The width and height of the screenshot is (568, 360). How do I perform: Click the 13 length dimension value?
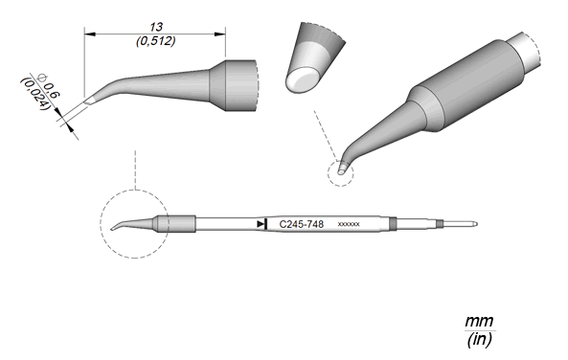pos(156,27)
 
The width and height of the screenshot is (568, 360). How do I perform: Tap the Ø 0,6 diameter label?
pos(49,87)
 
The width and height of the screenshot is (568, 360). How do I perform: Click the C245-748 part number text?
pos(302,225)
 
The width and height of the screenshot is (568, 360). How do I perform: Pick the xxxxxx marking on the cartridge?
pos(349,225)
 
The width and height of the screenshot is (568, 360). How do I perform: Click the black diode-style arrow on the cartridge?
pos(261,224)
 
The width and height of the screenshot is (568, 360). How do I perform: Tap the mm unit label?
pos(479,322)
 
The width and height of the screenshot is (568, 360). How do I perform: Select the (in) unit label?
pos(479,340)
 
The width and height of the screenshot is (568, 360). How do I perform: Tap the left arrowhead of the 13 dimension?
pos(89,34)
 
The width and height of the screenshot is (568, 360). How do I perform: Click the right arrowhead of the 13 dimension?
pos(220,34)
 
